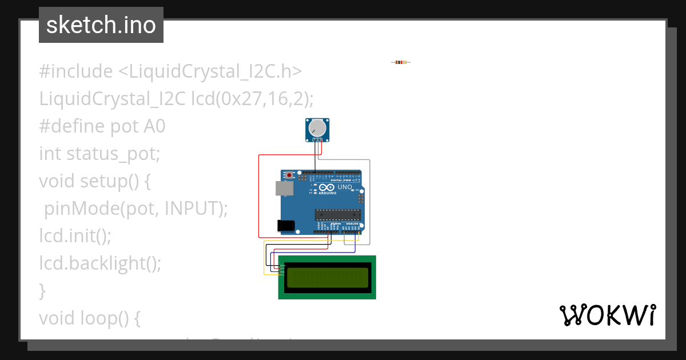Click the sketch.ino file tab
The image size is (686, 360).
pyautogui.click(x=101, y=25)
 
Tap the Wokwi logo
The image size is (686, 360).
pyautogui.click(x=607, y=315)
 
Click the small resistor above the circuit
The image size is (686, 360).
pyautogui.click(x=401, y=62)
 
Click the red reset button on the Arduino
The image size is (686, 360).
pyautogui.click(x=290, y=175)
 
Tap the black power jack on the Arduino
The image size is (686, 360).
pyautogui.click(x=286, y=226)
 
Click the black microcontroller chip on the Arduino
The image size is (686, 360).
pyautogui.click(x=337, y=214)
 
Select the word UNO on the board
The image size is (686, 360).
pyautogui.click(x=345, y=187)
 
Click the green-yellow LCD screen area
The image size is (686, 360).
pyautogui.click(x=327, y=277)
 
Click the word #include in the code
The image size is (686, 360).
pyautogui.click(x=76, y=71)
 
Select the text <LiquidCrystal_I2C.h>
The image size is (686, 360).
pyautogui.click(x=210, y=71)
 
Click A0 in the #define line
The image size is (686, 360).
pyautogui.click(x=154, y=126)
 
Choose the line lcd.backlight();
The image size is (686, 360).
pyautogui.click(x=100, y=263)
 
